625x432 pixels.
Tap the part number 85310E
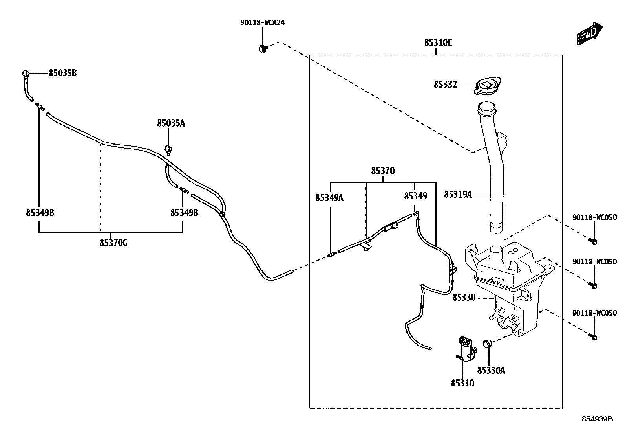pyautogui.click(x=438, y=42)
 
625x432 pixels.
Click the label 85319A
pyautogui.click(x=458, y=194)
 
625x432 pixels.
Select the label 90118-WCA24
pyautogui.click(x=262, y=22)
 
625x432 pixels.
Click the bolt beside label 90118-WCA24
pyautogui.click(x=263, y=49)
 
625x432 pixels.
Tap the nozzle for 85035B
pyautogui.click(x=26, y=74)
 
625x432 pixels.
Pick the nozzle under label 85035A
pyautogui.click(x=169, y=150)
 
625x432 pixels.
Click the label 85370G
pyautogui.click(x=113, y=243)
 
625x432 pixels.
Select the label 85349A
pyautogui.click(x=329, y=197)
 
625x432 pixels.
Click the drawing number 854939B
pyautogui.click(x=597, y=419)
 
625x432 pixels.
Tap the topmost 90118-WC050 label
pyautogui.click(x=594, y=217)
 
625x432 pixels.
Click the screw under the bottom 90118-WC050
pyautogui.click(x=593, y=336)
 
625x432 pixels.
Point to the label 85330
pyautogui.click(x=464, y=298)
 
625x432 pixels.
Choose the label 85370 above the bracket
pyautogui.click(x=383, y=171)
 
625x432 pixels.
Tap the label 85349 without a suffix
pyautogui.click(x=416, y=196)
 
